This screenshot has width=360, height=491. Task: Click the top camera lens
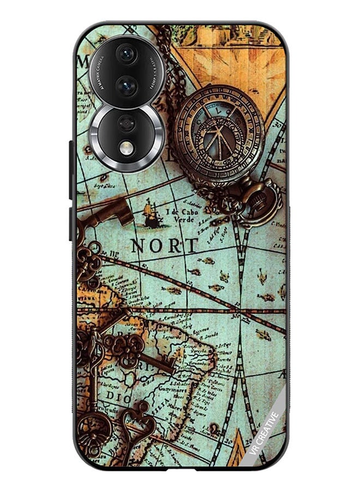point(127,54)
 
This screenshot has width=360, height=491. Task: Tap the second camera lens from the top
point(127,86)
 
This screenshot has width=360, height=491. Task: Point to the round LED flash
point(127,148)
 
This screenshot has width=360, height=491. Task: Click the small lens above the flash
point(127,123)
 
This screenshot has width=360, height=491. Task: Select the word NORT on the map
point(164,246)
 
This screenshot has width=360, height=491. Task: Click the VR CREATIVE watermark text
point(264,433)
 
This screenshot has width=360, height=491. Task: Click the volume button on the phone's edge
point(71,169)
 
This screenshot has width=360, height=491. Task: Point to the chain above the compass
point(167,60)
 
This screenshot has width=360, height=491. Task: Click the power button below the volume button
point(71,224)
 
